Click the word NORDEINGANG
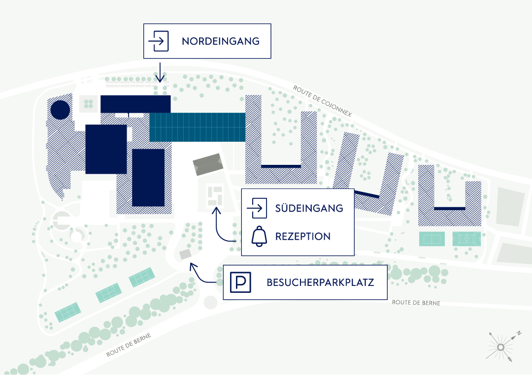click(220, 41)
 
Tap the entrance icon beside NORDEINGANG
click(159, 41)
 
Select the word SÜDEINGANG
click(309, 208)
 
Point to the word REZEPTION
click(302, 237)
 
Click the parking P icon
click(241, 282)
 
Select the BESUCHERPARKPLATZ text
click(320, 282)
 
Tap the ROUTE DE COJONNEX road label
click(322, 101)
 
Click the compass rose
click(500, 347)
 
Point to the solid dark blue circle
click(60, 109)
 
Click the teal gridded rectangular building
click(197, 127)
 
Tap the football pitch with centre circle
click(466, 239)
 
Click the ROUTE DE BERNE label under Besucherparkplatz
click(416, 303)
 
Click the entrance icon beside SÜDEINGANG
click(257, 208)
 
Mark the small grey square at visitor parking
click(185, 254)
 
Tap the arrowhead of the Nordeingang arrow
click(159, 80)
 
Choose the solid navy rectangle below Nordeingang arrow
click(135, 104)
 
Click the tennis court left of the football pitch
click(432, 239)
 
